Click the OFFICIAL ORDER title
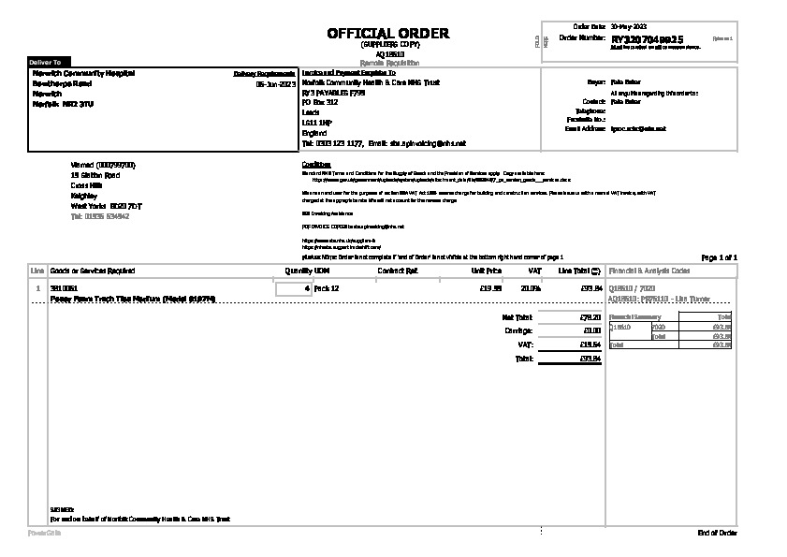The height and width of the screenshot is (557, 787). [x=387, y=34]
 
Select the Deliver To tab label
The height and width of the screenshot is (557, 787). [x=45, y=61]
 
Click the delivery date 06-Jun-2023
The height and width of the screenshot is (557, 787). [x=275, y=83]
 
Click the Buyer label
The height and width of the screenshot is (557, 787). [x=596, y=82]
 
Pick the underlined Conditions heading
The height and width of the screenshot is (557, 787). [x=316, y=164]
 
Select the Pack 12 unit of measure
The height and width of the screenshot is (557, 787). [x=327, y=288]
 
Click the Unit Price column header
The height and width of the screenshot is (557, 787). [x=486, y=271]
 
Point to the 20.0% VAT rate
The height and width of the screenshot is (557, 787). [x=531, y=288]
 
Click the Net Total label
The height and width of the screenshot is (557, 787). [x=517, y=317]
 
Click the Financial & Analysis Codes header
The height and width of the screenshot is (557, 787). [x=649, y=271]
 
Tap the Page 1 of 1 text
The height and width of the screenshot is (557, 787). [x=719, y=257]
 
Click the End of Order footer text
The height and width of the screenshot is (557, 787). [x=718, y=533]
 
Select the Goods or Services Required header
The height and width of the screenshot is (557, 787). [x=93, y=271]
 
